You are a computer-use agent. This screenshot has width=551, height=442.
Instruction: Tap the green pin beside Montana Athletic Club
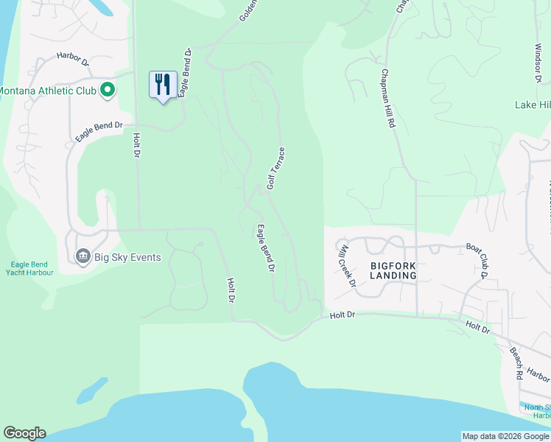[x=108, y=91]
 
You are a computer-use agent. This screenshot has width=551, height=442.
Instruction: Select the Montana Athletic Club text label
[x=47, y=91]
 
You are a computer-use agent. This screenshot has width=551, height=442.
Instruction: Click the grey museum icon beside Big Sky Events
[x=83, y=256]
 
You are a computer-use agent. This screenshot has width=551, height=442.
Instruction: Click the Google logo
[x=24, y=433]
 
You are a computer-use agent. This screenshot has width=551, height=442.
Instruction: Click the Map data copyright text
[x=505, y=436]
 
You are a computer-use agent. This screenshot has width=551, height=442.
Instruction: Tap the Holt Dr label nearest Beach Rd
[x=477, y=326]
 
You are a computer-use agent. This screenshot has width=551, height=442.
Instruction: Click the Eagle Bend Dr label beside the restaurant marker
[x=185, y=71]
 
